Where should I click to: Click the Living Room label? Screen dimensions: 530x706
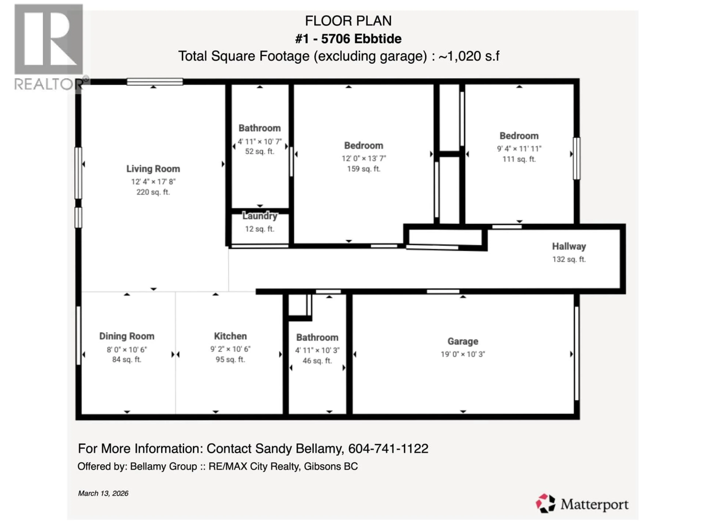(x=153, y=169)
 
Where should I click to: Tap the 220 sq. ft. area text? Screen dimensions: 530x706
(x=153, y=192)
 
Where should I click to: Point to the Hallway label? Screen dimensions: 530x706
(x=569, y=246)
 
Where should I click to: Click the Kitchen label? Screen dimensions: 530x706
(x=230, y=336)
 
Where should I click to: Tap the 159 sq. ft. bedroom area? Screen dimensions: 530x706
(x=363, y=169)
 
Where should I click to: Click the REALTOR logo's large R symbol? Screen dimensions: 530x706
(x=49, y=39)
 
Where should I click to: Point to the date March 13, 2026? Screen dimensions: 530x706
(x=103, y=493)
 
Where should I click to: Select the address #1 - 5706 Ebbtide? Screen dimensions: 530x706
(x=348, y=39)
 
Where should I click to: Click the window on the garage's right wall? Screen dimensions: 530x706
(x=576, y=353)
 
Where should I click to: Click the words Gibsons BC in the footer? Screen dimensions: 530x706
(x=330, y=467)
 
